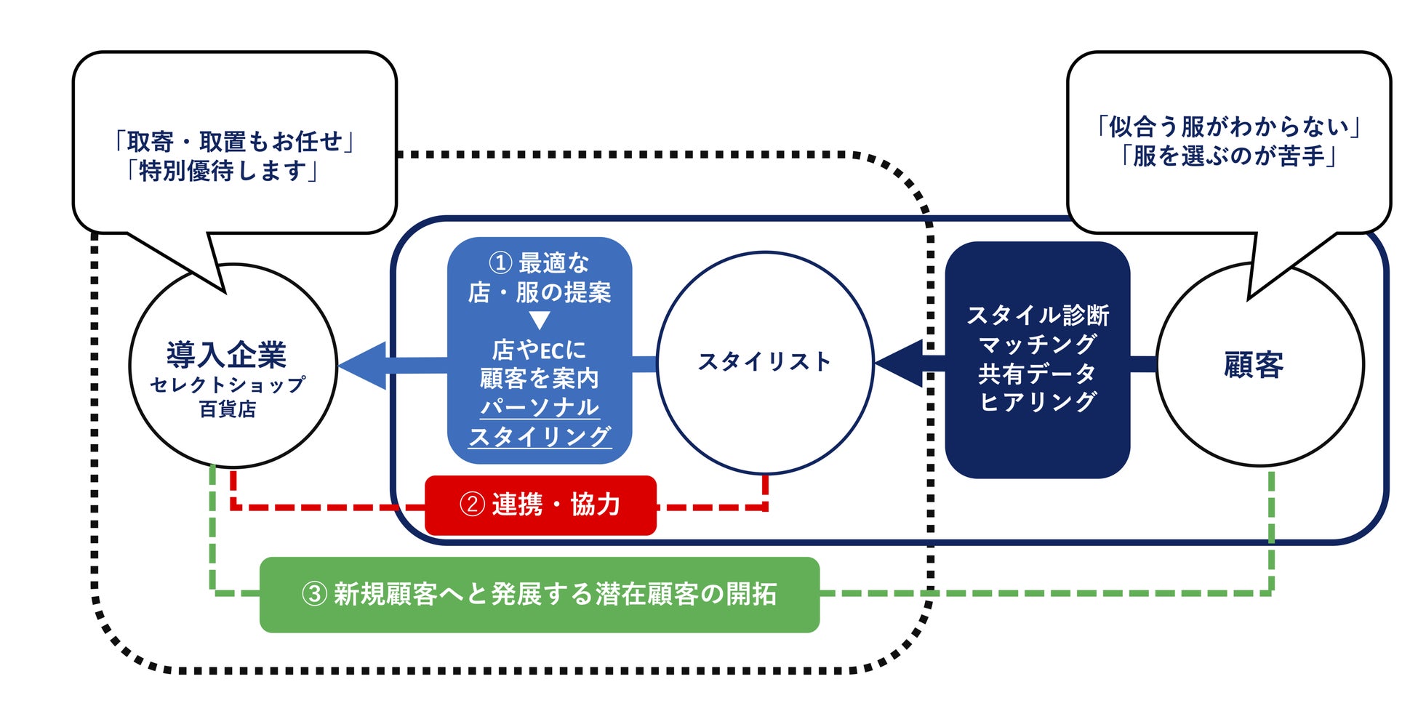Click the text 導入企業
coord(227,355)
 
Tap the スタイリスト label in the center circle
coord(764,361)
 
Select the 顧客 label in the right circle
coord(1254,365)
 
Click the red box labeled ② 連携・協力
coord(540,505)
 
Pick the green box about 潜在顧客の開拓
coord(540,595)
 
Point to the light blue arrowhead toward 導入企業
coord(364,365)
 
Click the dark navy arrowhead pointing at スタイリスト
coord(900,363)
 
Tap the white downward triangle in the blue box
coord(539,320)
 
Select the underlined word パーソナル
coord(540,407)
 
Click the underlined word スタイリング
coord(540,436)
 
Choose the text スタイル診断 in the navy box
coord(1038,315)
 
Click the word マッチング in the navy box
coord(1038,344)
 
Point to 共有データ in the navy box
coord(1038,373)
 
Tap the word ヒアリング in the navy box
coord(1038,401)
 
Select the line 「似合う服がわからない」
coord(1229,127)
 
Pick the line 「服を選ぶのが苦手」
coord(1229,156)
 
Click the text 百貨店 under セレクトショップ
coord(228,409)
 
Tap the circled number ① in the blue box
coord(500,262)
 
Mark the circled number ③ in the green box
coord(314,594)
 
